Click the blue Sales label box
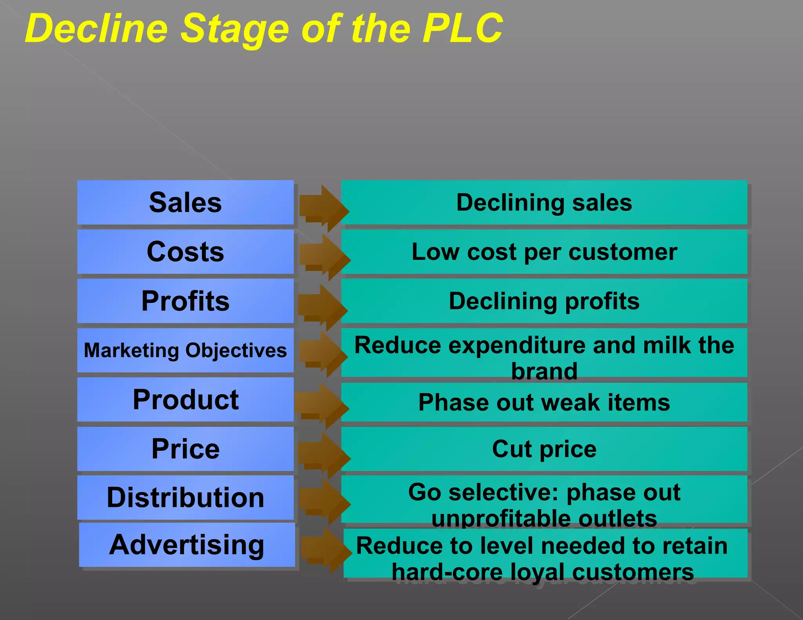(185, 202)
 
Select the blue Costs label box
(185, 252)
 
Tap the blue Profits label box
(185, 301)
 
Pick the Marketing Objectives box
(185, 350)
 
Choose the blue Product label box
(185, 399)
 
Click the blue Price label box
(185, 449)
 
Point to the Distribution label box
(185, 498)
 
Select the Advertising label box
(187, 545)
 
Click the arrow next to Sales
(324, 208)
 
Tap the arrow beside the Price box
(324, 455)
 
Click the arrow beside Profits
(322, 307)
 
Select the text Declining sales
(544, 203)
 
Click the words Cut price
(544, 449)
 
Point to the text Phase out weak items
(544, 402)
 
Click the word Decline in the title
(96, 28)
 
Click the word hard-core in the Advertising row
(447, 572)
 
